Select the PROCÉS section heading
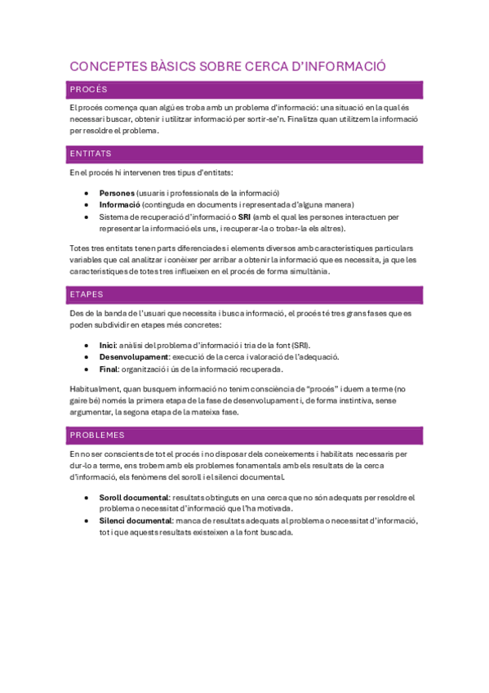[89, 89]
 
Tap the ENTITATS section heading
[91, 154]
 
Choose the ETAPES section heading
[87, 294]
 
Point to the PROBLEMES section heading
[97, 435]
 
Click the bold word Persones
[118, 192]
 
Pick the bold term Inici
[108, 345]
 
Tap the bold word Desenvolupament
[134, 356]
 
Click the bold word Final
[109, 369]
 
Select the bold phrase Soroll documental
[134, 497]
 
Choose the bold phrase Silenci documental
[136, 521]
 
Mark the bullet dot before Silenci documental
[87, 521]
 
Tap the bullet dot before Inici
[87, 345]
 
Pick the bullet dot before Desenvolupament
[87, 357]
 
